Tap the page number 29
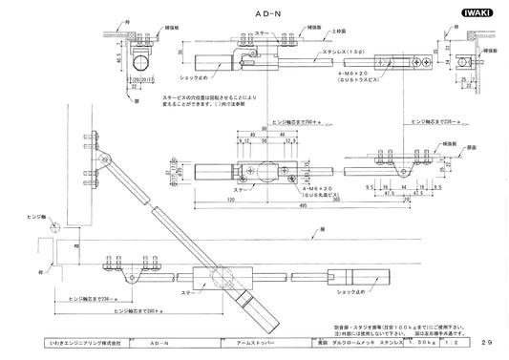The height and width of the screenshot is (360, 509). tap(487, 341)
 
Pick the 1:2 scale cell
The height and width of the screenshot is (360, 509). tap(460, 341)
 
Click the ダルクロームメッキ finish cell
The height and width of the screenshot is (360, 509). tap(359, 341)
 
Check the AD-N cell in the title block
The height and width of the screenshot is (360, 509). tap(165, 341)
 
